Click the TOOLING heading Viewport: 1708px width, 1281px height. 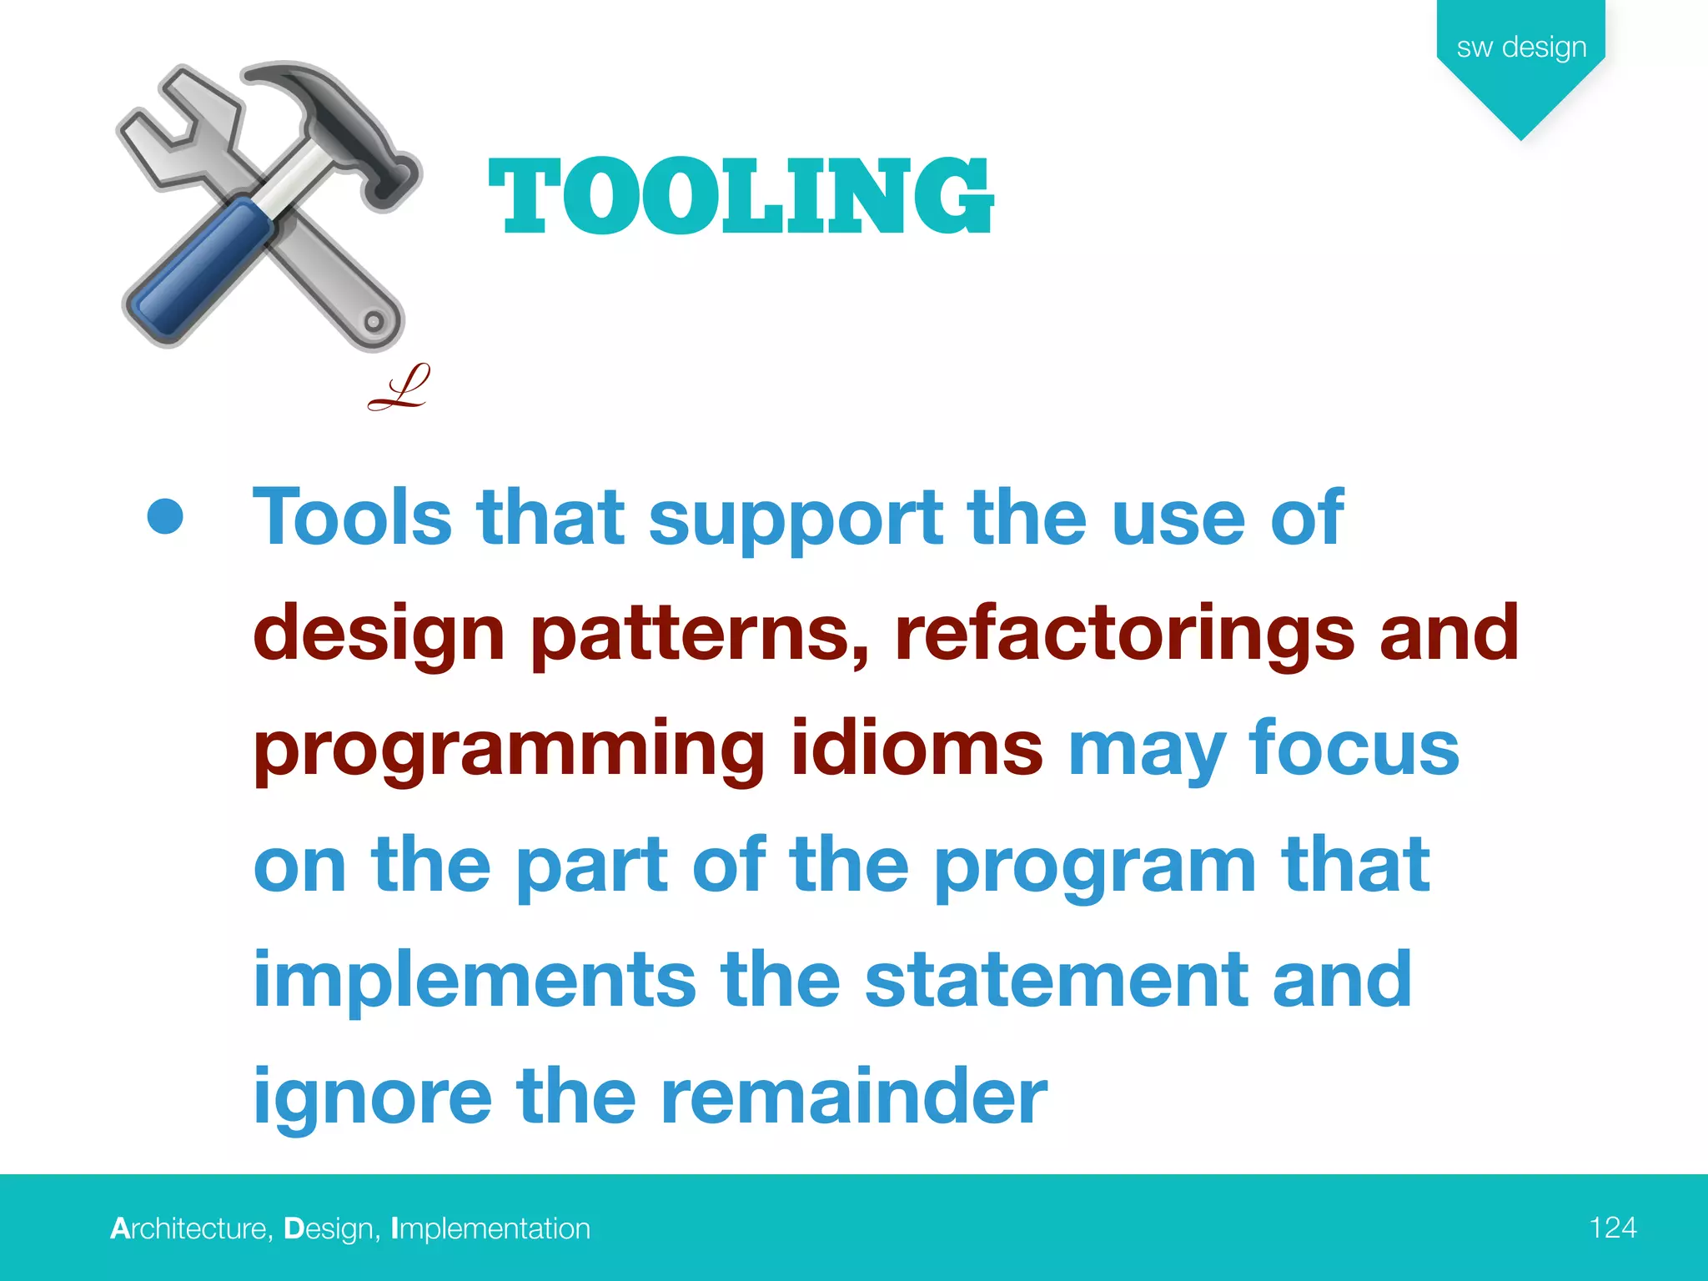pos(741,197)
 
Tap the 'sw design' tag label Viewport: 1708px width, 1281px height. pos(1521,48)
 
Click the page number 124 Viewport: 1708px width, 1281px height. pos(1613,1228)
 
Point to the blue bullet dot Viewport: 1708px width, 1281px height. pos(165,516)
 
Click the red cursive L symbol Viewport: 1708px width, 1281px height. pos(399,388)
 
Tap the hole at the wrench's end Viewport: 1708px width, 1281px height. pos(374,321)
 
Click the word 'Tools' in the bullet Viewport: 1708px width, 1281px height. pos(352,518)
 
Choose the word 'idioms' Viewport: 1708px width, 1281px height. pos(916,748)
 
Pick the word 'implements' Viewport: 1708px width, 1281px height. pos(474,980)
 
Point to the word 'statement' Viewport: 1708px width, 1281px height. pos(1056,980)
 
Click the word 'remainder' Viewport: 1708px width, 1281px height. pos(853,1096)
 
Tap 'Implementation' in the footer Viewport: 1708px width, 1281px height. pos(490,1228)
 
